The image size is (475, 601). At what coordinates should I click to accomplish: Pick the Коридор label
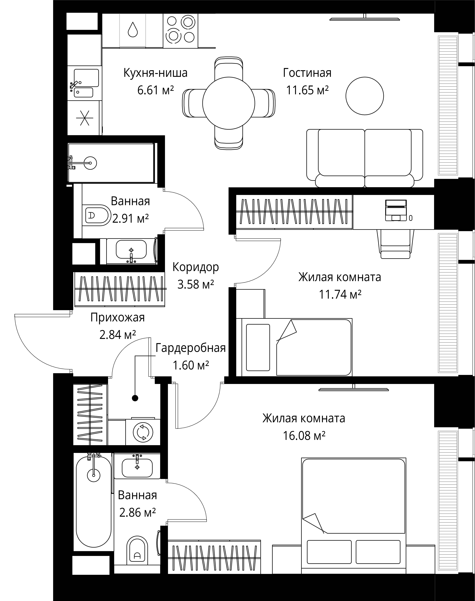click(x=196, y=267)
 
